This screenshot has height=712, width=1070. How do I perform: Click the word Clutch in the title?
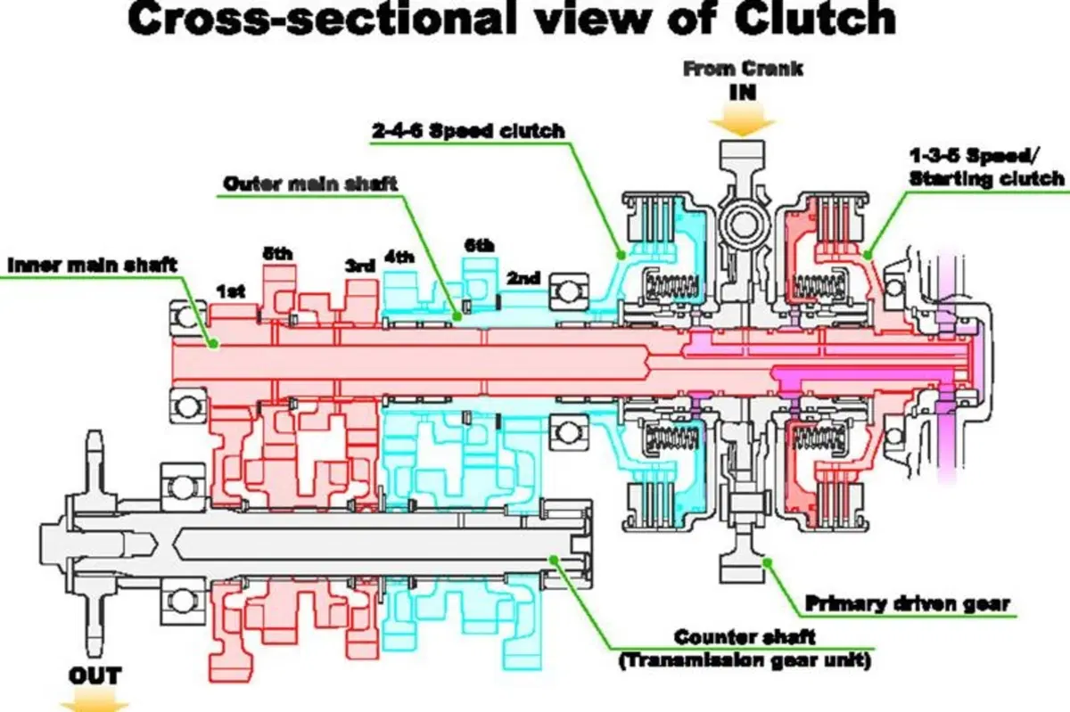815,19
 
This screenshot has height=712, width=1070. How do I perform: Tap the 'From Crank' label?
743,70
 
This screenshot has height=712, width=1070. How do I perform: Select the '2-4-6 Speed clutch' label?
469,130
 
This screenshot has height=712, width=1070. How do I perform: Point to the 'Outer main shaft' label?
310,184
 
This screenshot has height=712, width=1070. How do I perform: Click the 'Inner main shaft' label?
93,265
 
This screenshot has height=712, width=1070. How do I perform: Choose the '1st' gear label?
231,291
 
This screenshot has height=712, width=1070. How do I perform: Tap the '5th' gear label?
277,254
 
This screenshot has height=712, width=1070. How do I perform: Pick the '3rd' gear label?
360,266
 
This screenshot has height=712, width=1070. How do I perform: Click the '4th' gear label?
399,258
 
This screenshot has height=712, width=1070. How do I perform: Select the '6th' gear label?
480,245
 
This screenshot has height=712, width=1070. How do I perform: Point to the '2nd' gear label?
523,278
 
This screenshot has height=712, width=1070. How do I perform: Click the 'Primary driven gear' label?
908,603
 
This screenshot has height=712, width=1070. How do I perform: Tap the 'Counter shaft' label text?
745,637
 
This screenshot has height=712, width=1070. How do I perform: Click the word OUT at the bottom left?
95,675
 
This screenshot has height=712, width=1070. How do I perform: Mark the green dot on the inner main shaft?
214,343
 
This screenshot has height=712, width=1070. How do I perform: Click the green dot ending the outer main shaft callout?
457,315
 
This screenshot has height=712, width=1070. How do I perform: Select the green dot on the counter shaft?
553,560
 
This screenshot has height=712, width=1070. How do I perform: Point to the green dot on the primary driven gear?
767,562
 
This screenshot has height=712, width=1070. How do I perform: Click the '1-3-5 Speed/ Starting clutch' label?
987,168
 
